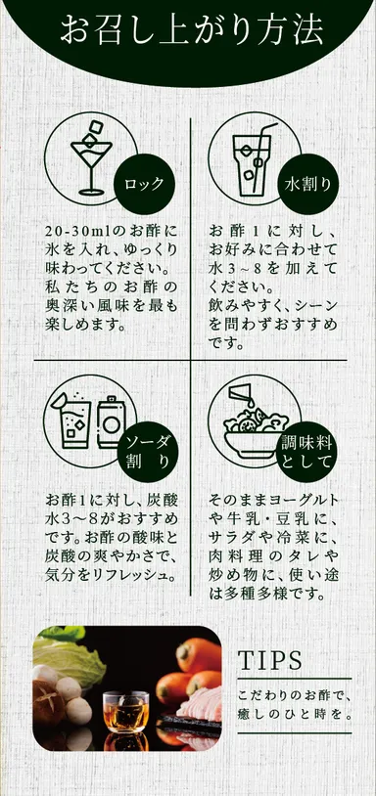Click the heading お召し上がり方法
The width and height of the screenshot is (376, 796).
coord(190,28)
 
